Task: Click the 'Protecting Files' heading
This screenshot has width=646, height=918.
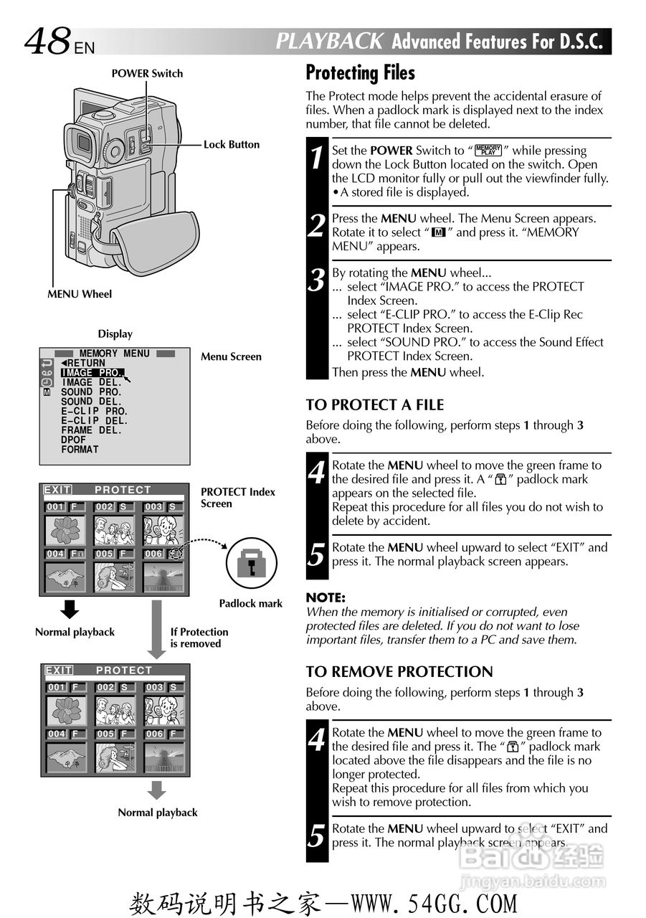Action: point(360,72)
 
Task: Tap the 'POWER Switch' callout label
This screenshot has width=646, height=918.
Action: point(147,73)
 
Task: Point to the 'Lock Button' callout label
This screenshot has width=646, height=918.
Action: point(231,145)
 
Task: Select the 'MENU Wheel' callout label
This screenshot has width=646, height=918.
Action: point(80,294)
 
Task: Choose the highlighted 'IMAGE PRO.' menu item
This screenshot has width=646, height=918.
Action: point(92,373)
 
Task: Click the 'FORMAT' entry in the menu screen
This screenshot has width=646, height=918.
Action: point(80,450)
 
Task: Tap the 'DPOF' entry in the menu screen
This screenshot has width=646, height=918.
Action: point(73,440)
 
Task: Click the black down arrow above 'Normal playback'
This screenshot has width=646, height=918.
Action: point(69,610)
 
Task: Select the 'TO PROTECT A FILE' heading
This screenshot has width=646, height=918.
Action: point(374,405)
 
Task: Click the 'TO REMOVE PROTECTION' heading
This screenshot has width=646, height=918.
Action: point(399,673)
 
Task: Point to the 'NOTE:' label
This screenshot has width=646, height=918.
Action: point(326,597)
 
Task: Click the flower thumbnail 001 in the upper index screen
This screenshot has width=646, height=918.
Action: point(65,530)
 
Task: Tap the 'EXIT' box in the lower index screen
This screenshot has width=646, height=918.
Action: point(58,671)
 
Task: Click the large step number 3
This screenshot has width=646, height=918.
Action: point(316,280)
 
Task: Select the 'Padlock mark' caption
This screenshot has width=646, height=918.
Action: point(250,604)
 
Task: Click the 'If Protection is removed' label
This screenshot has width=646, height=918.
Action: point(199,638)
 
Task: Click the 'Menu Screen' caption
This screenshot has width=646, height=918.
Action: point(231,356)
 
